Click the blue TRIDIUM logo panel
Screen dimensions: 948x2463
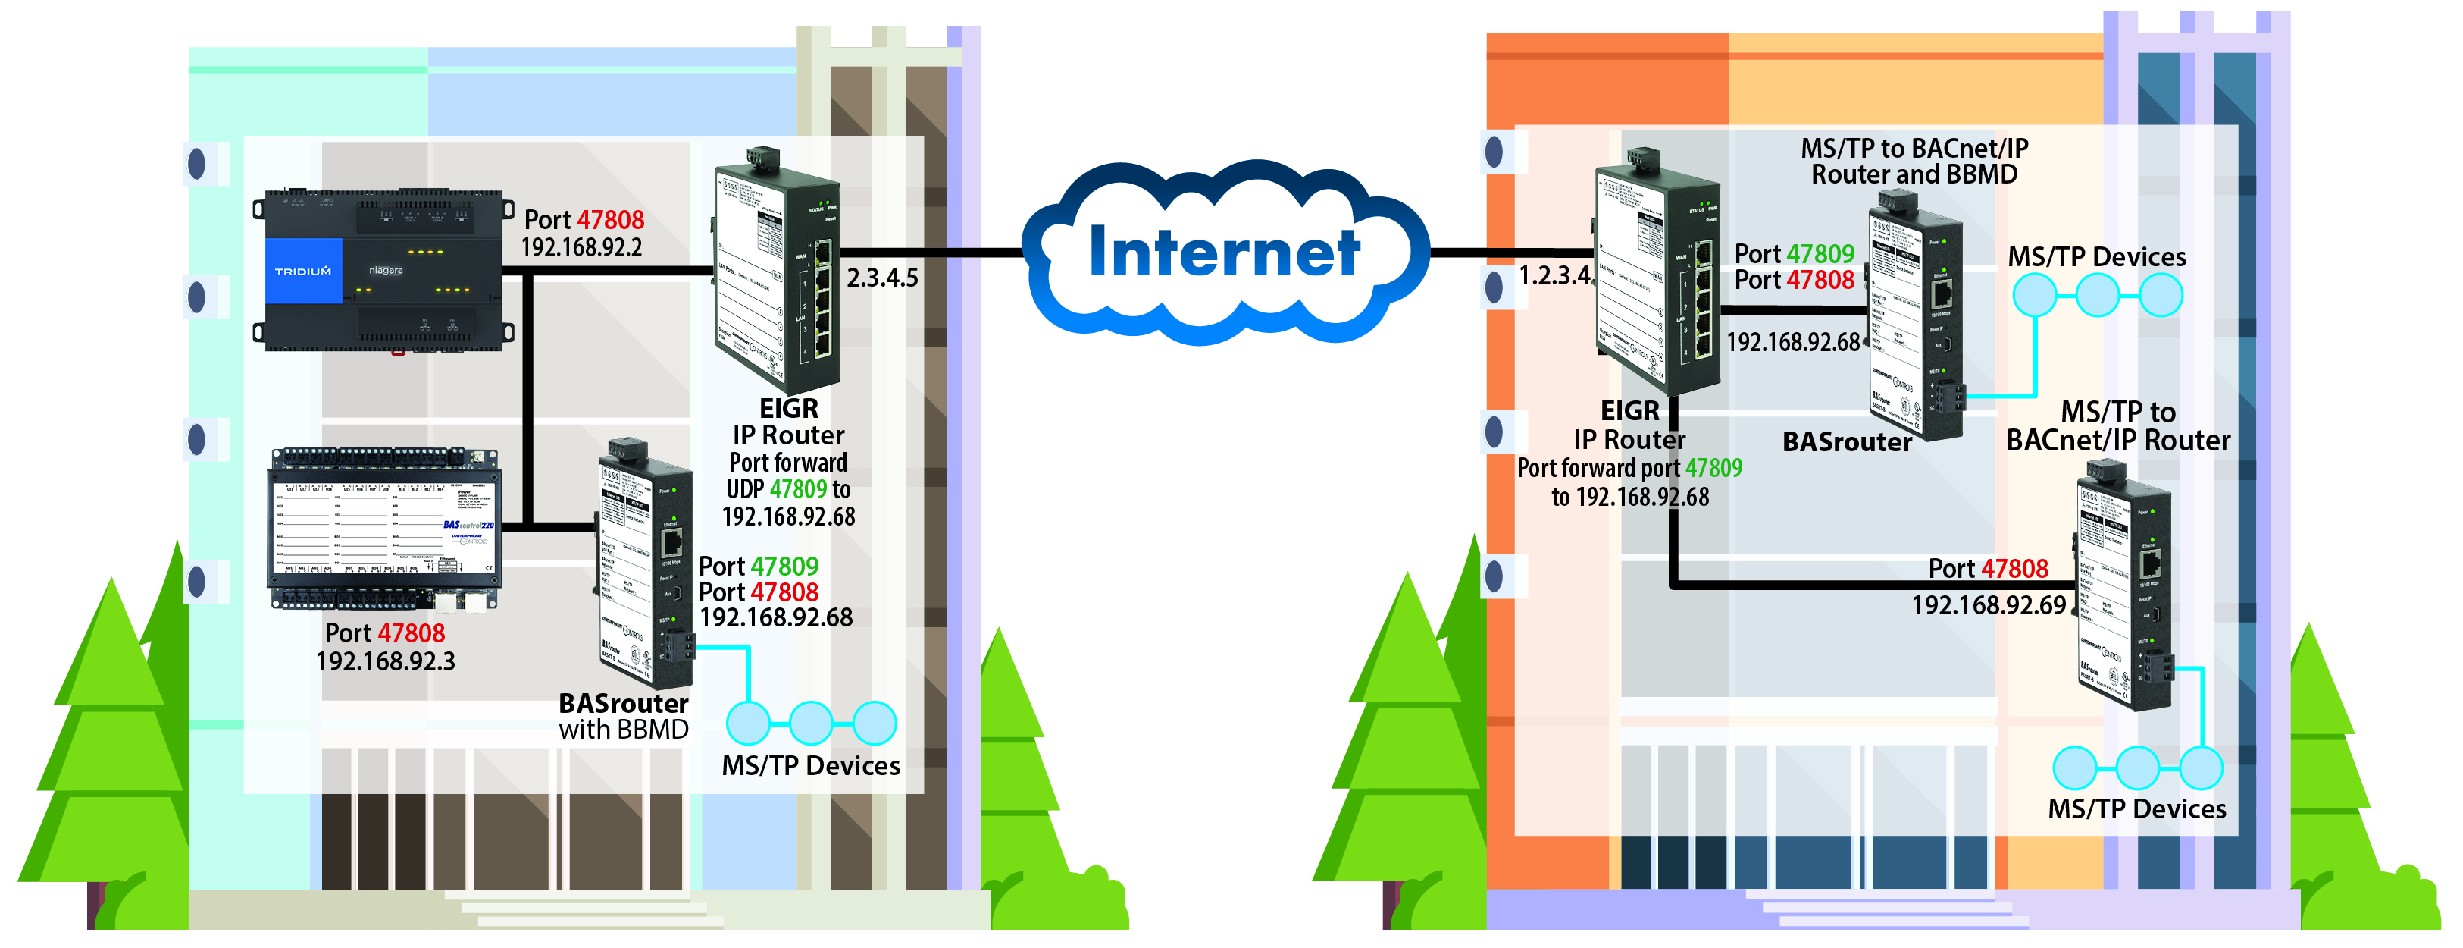click(303, 271)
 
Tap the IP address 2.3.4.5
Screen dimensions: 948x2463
click(881, 278)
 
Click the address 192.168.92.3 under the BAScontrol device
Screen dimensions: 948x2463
click(385, 661)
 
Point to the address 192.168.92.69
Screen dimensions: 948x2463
click(1988, 604)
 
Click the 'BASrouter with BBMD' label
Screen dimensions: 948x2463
click(624, 717)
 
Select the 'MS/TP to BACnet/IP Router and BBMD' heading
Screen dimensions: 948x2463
click(1914, 162)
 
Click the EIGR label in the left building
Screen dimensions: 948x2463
click(789, 409)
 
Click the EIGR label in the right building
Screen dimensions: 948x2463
click(1629, 411)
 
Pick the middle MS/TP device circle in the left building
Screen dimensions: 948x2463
click(811, 724)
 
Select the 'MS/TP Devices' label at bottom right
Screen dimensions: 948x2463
click(2136, 809)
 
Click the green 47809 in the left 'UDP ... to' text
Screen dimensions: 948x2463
click(797, 490)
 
